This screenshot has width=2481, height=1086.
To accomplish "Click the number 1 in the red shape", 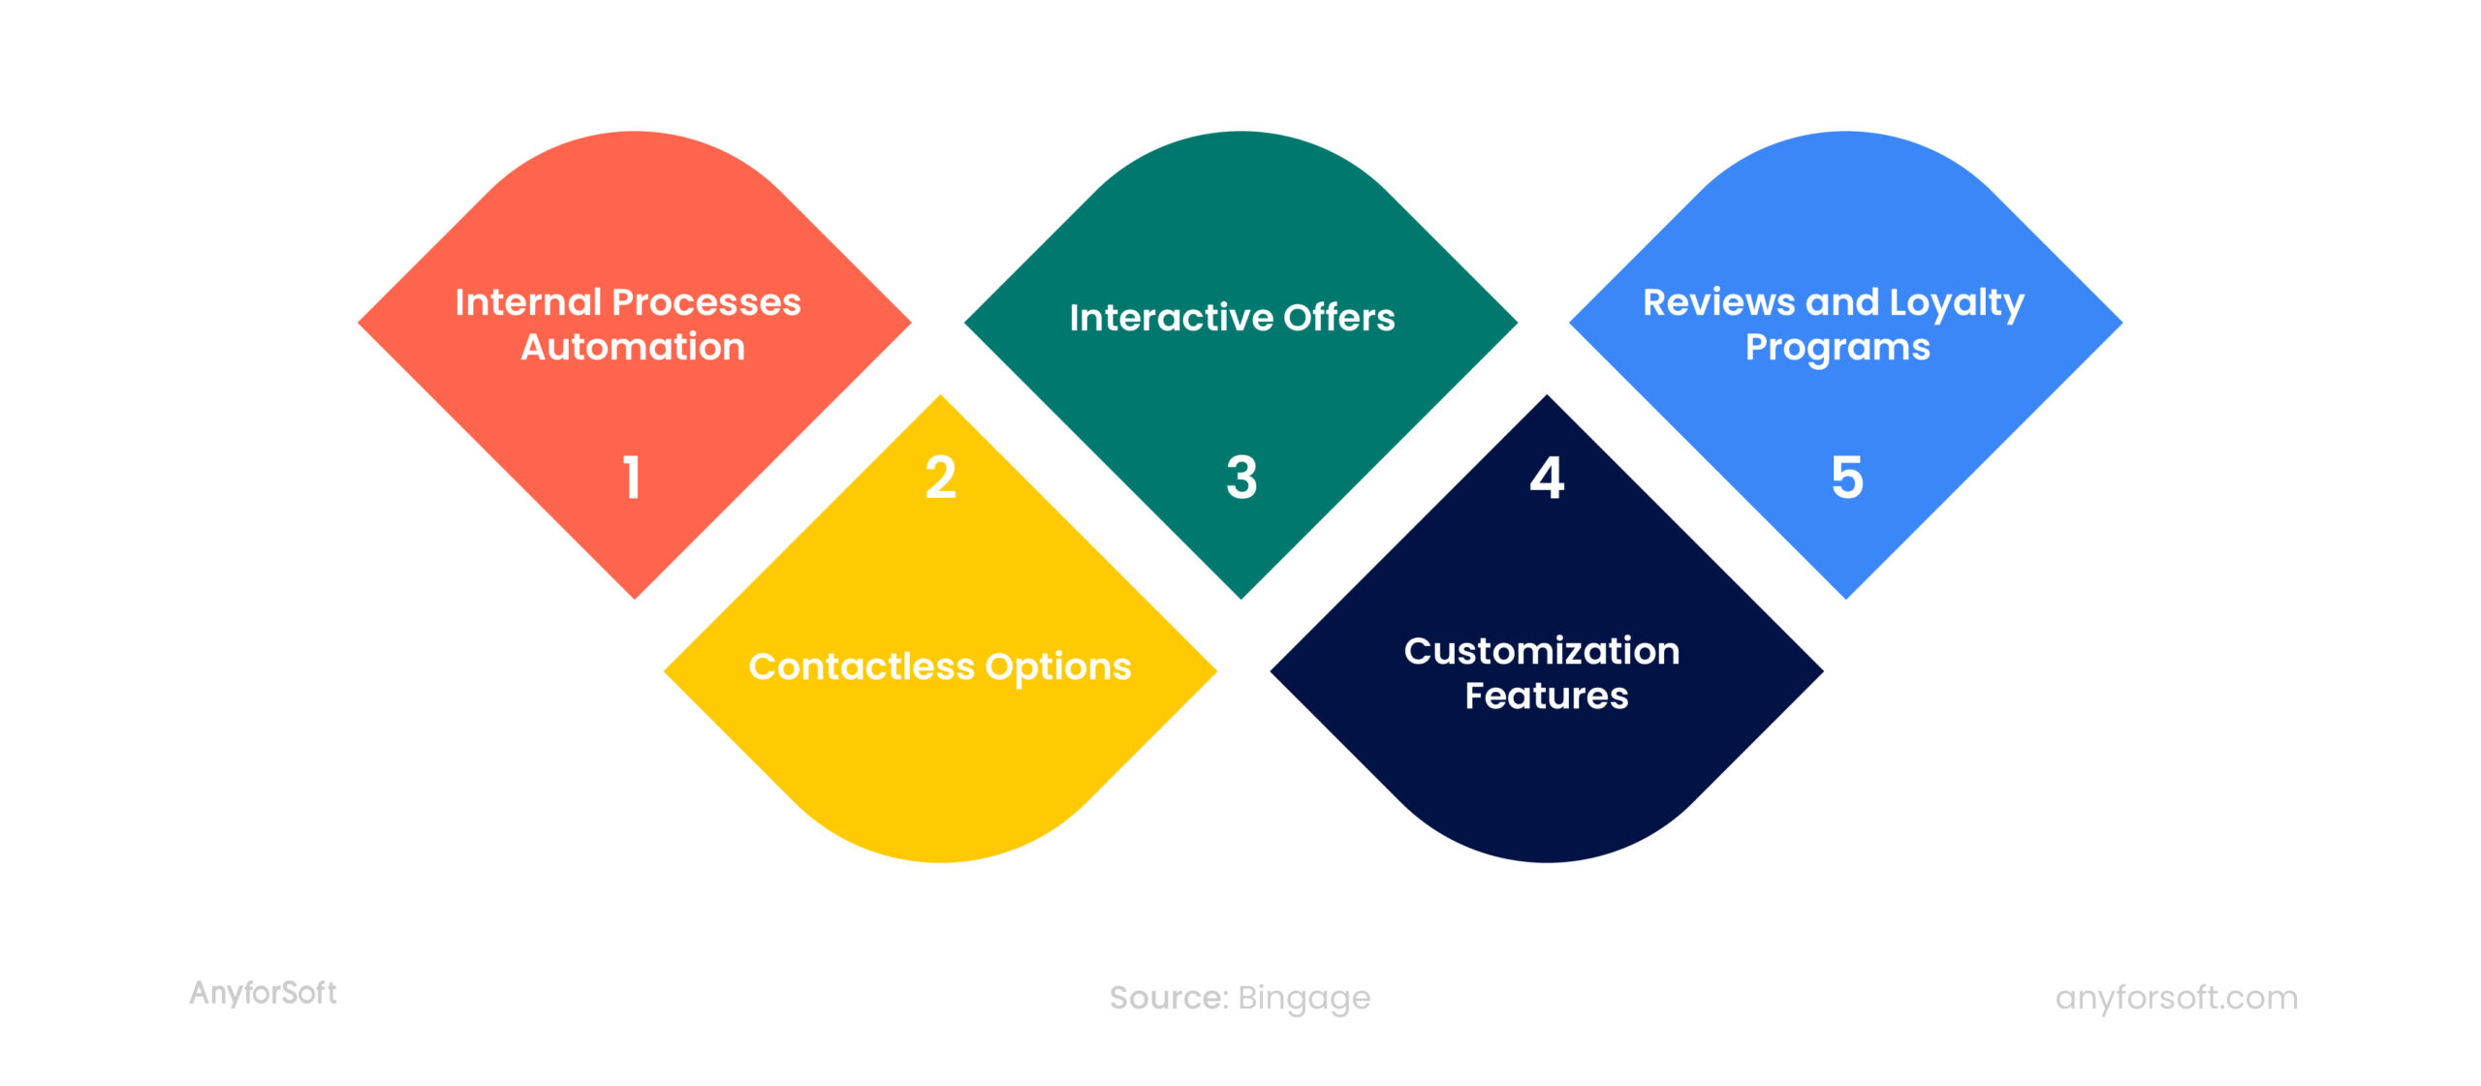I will (x=632, y=478).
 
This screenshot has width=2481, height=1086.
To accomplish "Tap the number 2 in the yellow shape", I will (x=940, y=478).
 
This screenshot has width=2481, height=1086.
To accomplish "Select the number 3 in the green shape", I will (x=1241, y=478).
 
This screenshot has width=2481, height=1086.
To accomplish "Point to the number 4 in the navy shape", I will (x=1547, y=478).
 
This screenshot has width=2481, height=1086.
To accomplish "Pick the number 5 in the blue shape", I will (x=1847, y=478).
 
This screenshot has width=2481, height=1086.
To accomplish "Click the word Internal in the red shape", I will (x=528, y=302).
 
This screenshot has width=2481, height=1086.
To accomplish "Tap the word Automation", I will (x=633, y=347).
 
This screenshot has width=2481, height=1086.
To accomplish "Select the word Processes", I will (x=707, y=302).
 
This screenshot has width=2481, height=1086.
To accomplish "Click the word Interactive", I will (x=1170, y=318).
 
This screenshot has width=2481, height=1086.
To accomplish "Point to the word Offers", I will (x=1339, y=318).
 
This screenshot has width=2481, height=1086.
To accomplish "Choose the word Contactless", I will (x=861, y=667).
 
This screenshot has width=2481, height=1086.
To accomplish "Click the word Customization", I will (x=1542, y=651).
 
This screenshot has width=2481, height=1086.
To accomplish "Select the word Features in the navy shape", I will (x=1546, y=696).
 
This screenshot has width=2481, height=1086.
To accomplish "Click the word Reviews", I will (x=1718, y=302).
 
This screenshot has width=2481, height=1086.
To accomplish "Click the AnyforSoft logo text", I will (x=263, y=993).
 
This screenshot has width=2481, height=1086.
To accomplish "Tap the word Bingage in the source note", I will (x=1303, y=998).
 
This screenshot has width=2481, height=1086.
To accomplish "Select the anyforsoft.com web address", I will (x=2176, y=997).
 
